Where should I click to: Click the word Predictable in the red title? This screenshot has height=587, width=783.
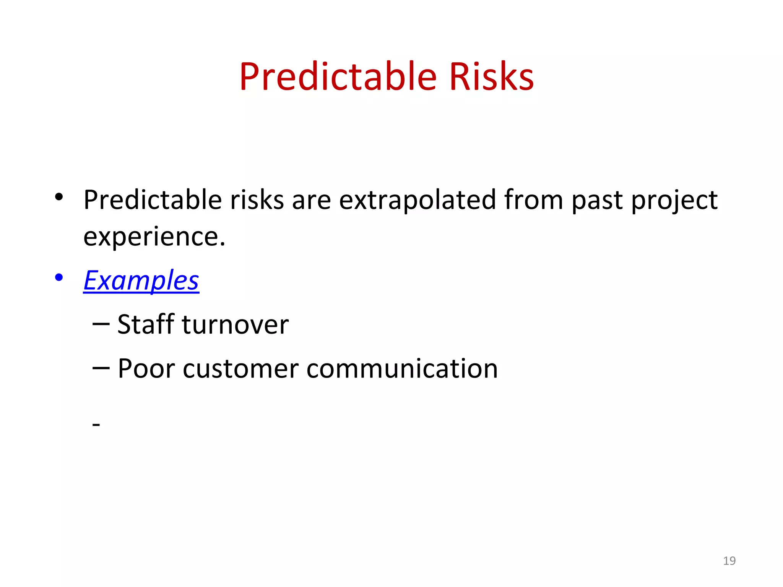(338, 77)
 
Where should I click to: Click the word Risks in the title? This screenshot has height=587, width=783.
(491, 77)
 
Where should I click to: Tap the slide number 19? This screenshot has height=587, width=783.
(729, 561)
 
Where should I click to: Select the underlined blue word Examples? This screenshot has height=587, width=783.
(141, 281)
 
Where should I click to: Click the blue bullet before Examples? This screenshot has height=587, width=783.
(58, 277)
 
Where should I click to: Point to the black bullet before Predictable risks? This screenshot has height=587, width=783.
(58, 197)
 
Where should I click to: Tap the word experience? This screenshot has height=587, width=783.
(154, 237)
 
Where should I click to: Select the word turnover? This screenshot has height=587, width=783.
(235, 325)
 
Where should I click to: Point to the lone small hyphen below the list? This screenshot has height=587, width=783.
(96, 425)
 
